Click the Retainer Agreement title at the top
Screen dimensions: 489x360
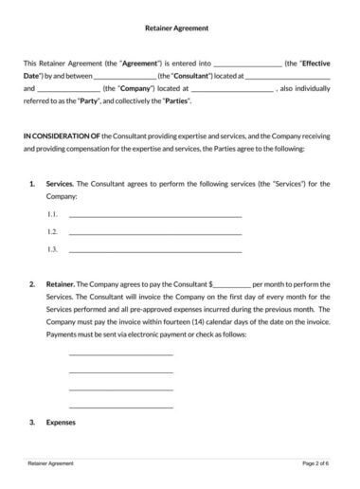(179, 29)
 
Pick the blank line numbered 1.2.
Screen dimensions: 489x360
(155, 233)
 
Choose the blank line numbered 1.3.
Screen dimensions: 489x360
(155, 250)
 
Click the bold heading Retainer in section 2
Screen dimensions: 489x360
(60, 284)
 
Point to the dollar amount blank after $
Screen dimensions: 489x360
(233, 284)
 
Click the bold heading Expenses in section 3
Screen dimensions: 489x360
(61, 422)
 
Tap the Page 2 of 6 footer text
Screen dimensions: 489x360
(316, 464)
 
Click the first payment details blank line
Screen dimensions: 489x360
(120, 354)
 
